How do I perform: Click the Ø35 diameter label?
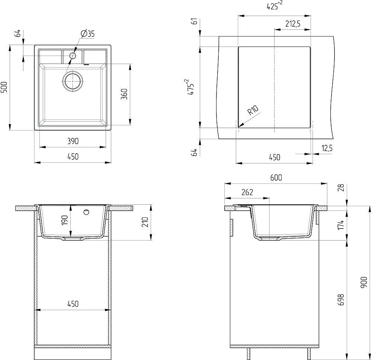tap(87, 34)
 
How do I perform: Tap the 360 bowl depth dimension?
tap(124, 94)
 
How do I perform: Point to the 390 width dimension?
tap(73, 141)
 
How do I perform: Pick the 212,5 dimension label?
tap(293, 24)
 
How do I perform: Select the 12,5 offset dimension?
tap(327, 148)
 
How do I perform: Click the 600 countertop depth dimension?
tap(276, 178)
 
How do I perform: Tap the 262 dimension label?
tap(247, 192)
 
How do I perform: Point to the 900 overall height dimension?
tap(364, 283)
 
